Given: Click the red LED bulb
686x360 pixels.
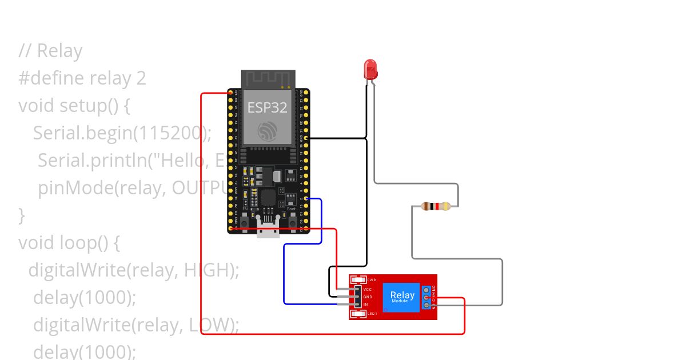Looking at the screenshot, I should point(370,70).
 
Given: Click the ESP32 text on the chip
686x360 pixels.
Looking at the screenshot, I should point(267,107).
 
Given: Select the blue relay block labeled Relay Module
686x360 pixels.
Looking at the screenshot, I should point(402,297).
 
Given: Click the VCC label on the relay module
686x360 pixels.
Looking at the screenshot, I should point(368,290).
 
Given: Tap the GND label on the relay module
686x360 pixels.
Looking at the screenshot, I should point(368,297).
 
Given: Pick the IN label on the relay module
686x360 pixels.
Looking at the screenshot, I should point(366,305).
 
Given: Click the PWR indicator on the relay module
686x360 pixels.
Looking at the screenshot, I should point(358,280).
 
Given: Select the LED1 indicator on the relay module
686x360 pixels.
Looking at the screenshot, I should point(358,314).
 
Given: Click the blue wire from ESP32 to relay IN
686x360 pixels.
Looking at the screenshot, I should point(285,274).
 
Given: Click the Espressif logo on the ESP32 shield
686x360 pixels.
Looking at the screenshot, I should point(267,131).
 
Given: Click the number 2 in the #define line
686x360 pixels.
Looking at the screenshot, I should point(141,78).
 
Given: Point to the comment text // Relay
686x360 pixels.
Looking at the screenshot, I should point(50,51).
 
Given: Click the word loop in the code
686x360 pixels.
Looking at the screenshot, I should point(77,243).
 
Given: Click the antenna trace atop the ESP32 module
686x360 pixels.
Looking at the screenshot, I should point(267,79).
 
